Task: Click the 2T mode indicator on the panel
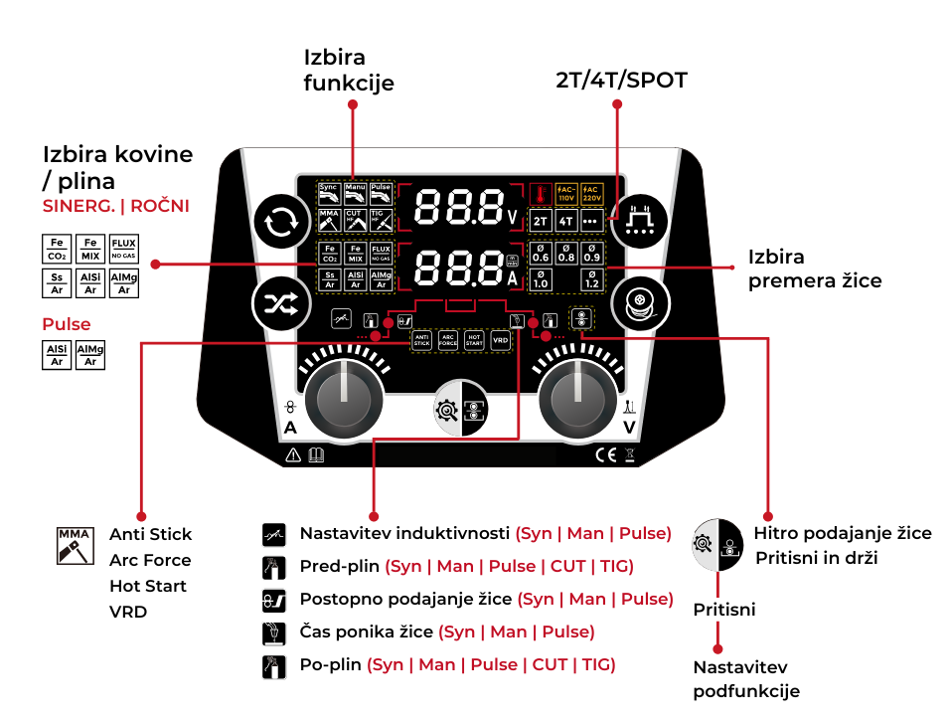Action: click(x=541, y=221)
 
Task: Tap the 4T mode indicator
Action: click(x=565, y=221)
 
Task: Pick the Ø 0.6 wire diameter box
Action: click(x=541, y=253)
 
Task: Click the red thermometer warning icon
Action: click(x=541, y=193)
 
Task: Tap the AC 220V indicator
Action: click(x=590, y=193)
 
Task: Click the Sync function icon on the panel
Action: click(x=330, y=192)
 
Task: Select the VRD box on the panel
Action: click(x=500, y=341)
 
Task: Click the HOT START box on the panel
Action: click(x=474, y=341)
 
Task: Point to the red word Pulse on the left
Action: click(x=66, y=324)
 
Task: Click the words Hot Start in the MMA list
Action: click(x=147, y=586)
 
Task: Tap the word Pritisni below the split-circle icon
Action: click(x=723, y=610)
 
